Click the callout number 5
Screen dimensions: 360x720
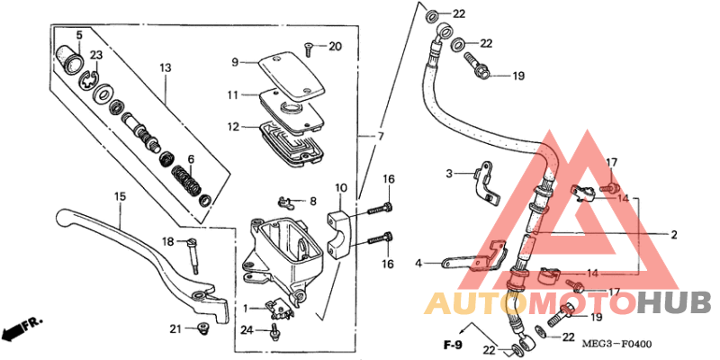coord(78,35)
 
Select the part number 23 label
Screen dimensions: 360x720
coord(96,55)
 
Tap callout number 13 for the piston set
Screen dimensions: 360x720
coord(165,68)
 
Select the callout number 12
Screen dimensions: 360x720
coord(233,127)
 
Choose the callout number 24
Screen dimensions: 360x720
coord(247,331)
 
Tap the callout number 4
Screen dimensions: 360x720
coord(418,264)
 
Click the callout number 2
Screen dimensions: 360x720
coord(673,235)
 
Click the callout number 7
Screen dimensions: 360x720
coord(380,136)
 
